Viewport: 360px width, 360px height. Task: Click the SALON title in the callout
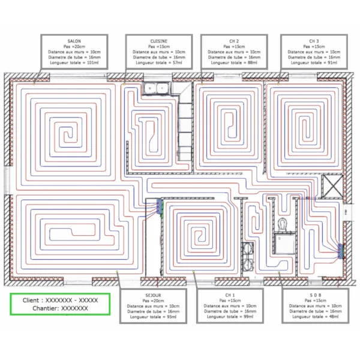(x=74, y=41)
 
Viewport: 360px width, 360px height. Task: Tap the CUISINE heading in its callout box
(x=158, y=41)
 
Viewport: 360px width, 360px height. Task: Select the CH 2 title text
(x=234, y=41)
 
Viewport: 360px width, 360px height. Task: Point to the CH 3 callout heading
(x=314, y=41)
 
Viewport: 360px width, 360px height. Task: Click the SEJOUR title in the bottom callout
(x=153, y=295)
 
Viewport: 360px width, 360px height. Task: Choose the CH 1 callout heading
(x=230, y=295)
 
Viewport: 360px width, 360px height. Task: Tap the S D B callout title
(x=315, y=295)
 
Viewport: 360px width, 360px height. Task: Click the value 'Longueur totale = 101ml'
(x=74, y=62)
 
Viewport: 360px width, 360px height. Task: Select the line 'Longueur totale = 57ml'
(x=158, y=62)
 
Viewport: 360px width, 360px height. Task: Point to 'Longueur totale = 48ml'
(x=315, y=317)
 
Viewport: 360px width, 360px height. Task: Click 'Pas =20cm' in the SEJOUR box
(x=153, y=301)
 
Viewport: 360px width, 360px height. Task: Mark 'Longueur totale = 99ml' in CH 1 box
(x=230, y=317)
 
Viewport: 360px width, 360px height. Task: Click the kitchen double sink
(x=157, y=88)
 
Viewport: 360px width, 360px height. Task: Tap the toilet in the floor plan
(x=282, y=224)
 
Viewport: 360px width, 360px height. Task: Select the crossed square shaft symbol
(x=332, y=186)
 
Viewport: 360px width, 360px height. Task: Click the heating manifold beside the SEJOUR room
(x=160, y=206)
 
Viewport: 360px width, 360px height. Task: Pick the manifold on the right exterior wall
(x=341, y=251)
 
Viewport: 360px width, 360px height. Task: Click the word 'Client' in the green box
(x=31, y=301)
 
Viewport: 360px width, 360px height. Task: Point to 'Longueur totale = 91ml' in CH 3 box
(x=314, y=62)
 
